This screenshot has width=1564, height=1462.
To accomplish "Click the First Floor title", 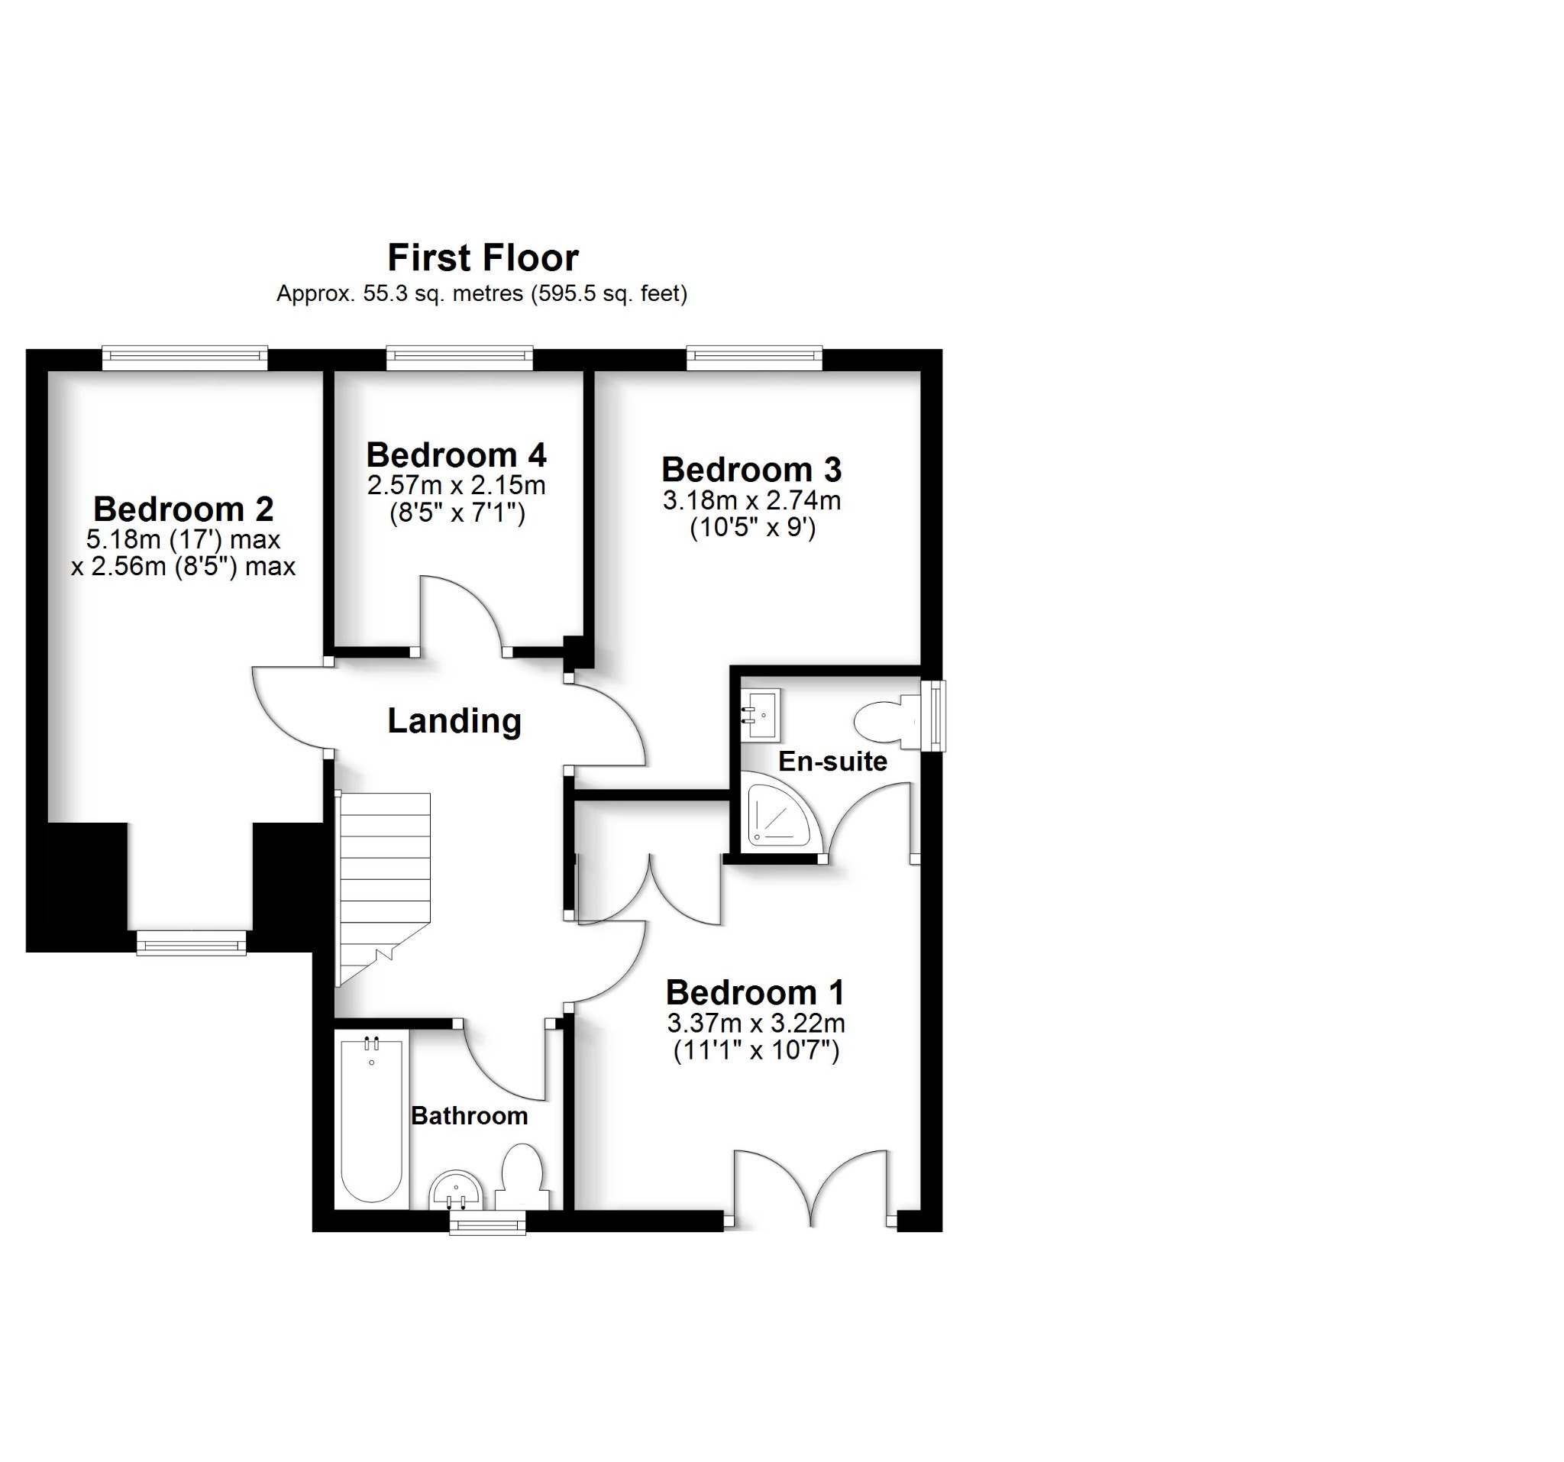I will click(x=483, y=258).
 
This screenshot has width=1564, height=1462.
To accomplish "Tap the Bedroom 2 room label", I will click(x=183, y=509).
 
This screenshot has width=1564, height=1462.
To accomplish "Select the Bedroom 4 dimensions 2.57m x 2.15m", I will click(x=457, y=486).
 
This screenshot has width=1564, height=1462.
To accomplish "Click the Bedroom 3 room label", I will click(x=751, y=470).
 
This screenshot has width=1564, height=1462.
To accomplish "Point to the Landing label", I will click(x=454, y=721).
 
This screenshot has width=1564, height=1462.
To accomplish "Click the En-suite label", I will click(x=832, y=762).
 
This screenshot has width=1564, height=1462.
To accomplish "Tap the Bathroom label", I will click(x=469, y=1116).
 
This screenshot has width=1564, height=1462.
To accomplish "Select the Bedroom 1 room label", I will click(x=755, y=993).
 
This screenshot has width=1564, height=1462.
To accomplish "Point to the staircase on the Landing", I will click(x=384, y=873).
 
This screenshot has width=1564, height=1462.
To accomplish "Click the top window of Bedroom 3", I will click(x=754, y=358).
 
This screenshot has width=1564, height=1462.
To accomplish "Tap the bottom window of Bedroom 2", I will click(x=191, y=943).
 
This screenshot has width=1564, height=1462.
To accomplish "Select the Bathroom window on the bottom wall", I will click(x=487, y=1222).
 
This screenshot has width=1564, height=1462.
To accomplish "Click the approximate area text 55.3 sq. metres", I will click(x=399, y=294).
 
